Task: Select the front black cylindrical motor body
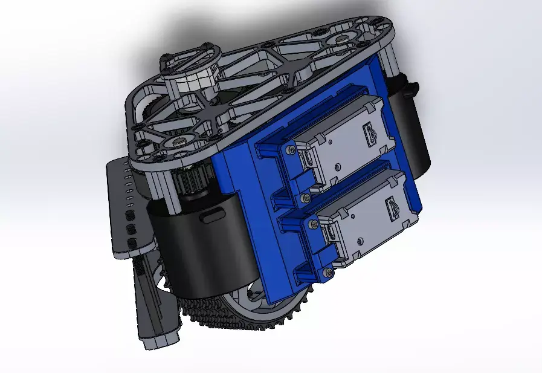click(x=199, y=242)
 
